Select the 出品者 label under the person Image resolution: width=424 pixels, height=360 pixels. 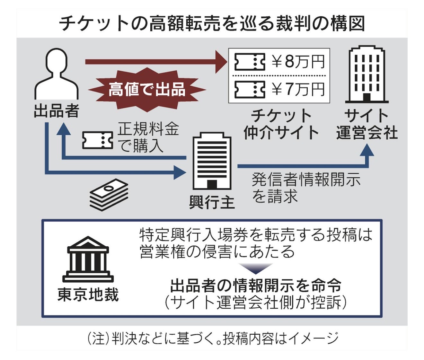click(x=57, y=111)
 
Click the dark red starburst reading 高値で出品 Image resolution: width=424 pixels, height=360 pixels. click(x=147, y=89)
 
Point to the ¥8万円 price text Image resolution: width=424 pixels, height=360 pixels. click(x=298, y=62)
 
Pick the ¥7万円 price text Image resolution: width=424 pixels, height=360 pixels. click(x=298, y=89)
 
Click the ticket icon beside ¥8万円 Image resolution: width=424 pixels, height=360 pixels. click(x=250, y=62)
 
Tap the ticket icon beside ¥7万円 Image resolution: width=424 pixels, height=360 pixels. click(x=250, y=89)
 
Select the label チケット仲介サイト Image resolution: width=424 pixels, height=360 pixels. click(x=281, y=124)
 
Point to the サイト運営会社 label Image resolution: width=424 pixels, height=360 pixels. click(x=367, y=124)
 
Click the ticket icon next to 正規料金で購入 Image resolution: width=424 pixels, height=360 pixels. click(x=98, y=140)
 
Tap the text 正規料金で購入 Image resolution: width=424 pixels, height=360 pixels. click(x=148, y=137)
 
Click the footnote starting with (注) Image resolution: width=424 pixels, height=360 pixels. click(x=213, y=338)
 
